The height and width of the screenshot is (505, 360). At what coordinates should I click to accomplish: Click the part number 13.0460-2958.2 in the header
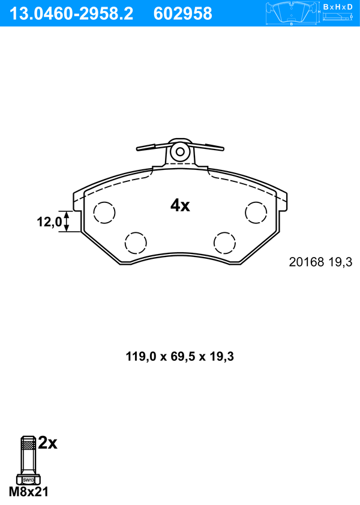coord(71,14)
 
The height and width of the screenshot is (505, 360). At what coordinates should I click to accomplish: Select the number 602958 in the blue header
coord(183,14)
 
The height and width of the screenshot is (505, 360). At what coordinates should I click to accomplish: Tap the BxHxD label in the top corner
coord(338,7)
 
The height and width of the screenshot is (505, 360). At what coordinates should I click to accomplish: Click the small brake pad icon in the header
coord(291,13)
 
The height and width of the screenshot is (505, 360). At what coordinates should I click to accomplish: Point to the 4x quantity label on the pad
coord(180,205)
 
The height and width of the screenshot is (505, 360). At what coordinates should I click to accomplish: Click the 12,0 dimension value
coord(49,222)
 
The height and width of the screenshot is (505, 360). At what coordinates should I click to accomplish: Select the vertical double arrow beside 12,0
coord(67,221)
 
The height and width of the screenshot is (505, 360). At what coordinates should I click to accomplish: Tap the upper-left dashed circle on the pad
coord(104,212)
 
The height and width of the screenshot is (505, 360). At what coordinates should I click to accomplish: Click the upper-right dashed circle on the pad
coord(256,212)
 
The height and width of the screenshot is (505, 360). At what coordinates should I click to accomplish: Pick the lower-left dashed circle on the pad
coord(136,243)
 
